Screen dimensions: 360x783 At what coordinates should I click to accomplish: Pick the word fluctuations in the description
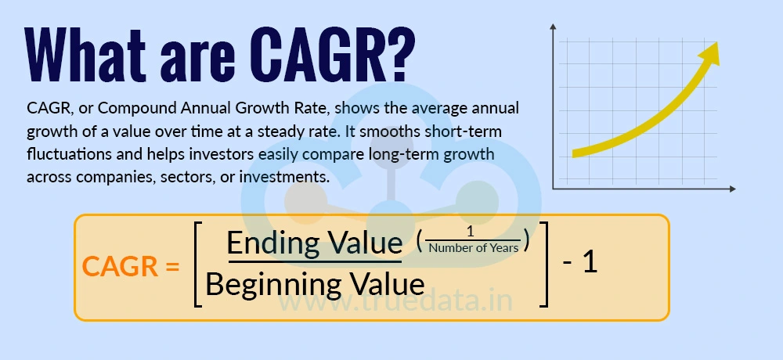(x=67, y=131)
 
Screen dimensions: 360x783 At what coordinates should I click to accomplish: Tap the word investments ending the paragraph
(x=282, y=177)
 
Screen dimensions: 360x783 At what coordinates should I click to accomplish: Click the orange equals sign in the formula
(x=172, y=267)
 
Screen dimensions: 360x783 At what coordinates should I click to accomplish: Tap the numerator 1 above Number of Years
(x=471, y=232)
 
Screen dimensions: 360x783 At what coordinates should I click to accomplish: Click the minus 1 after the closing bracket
(x=580, y=262)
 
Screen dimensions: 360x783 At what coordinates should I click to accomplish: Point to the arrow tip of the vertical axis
(x=554, y=27)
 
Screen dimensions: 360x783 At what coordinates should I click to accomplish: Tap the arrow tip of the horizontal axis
(x=732, y=189)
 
